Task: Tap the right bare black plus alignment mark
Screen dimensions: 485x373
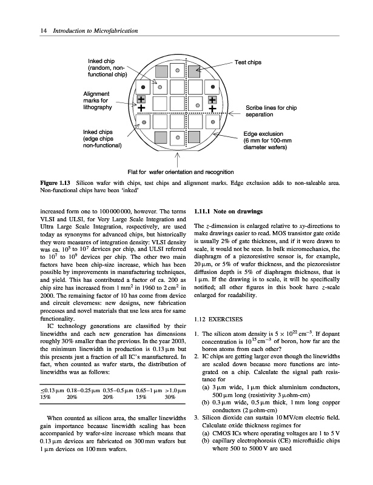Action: [212, 109]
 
